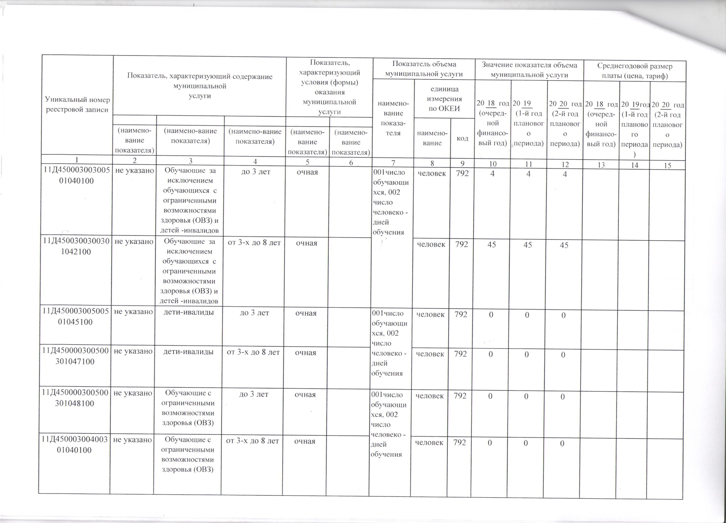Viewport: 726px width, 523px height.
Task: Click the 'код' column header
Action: tap(462, 138)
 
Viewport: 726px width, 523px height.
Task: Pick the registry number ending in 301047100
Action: tap(75, 356)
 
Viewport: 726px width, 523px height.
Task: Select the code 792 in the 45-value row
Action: tap(462, 244)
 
